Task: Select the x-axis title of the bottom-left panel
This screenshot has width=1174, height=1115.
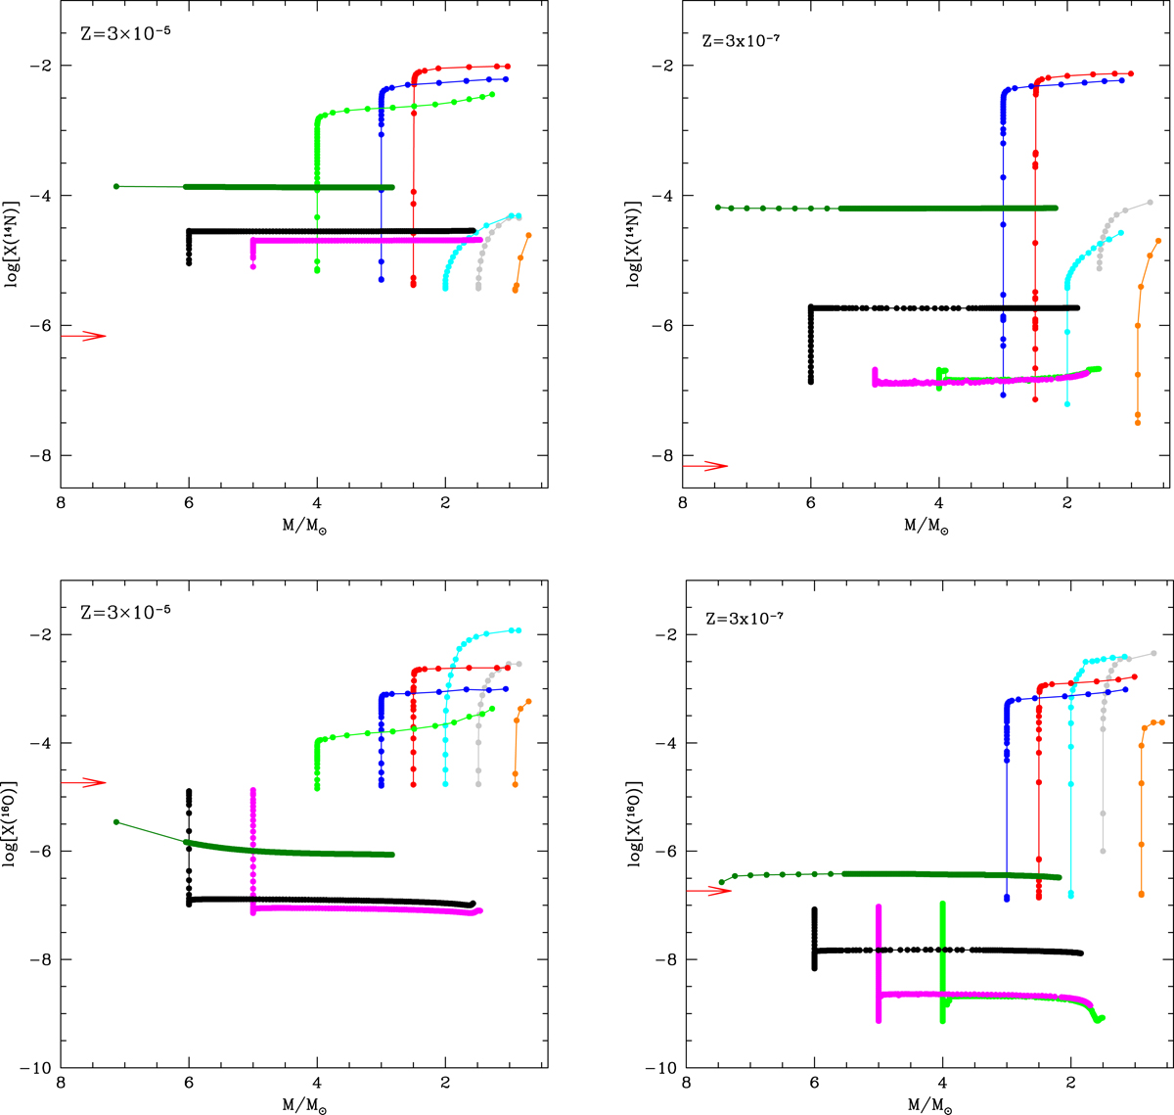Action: click(x=303, y=1104)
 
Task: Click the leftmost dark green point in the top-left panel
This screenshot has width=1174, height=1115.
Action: click(x=116, y=186)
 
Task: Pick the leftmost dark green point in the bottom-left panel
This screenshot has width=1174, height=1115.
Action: click(x=116, y=822)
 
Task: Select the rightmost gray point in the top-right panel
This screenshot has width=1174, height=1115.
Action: click(x=1150, y=202)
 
